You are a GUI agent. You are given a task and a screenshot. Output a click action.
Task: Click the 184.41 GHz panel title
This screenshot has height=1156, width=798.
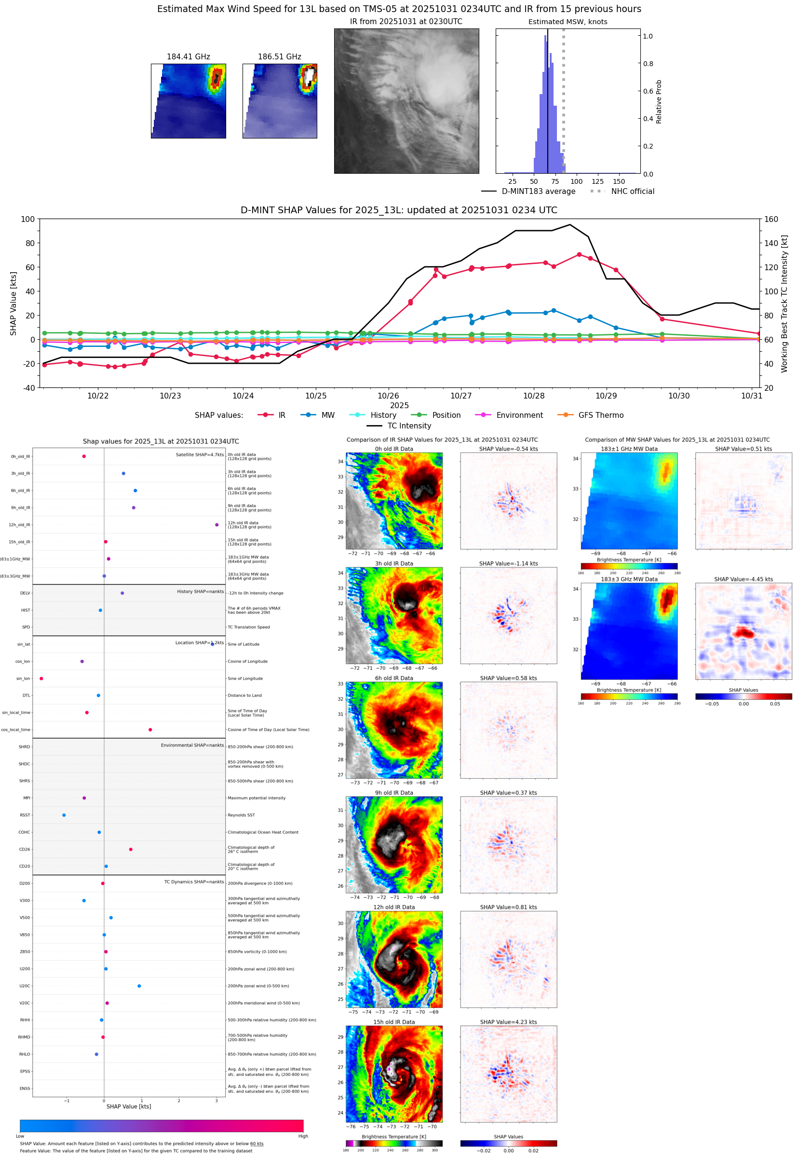[188, 57]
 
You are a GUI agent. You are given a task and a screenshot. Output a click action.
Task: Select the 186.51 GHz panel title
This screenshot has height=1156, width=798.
[279, 57]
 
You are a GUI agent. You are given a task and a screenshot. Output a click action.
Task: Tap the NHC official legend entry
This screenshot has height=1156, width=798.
[632, 191]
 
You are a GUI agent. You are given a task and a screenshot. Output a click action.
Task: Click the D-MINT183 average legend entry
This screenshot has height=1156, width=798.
[538, 191]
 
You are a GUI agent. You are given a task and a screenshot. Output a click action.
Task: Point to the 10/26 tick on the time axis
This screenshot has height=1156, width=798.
[389, 395]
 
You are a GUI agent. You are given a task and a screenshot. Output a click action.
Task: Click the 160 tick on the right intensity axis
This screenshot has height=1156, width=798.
[771, 219]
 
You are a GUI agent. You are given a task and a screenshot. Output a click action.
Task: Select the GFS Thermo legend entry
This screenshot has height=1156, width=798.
[600, 415]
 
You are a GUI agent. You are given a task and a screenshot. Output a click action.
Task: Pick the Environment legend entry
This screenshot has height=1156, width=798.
[519, 415]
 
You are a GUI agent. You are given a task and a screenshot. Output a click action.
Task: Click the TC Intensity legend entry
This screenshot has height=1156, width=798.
[408, 426]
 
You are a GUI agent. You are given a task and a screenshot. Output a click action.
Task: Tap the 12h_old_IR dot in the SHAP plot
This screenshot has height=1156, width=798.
[216, 525]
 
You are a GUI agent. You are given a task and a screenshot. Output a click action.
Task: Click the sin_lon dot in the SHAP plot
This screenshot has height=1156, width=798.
[41, 678]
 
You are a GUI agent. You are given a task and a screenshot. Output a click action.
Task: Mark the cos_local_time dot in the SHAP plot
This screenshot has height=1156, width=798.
[150, 729]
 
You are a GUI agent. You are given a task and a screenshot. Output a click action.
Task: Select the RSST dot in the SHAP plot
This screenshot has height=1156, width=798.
[64, 815]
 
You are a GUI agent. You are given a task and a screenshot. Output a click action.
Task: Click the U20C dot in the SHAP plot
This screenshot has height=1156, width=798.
[139, 986]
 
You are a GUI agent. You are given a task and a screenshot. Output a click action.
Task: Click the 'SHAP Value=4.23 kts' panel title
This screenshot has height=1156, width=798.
[508, 1022]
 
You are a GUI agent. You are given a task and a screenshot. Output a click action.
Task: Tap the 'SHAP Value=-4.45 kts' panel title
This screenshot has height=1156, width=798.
[743, 579]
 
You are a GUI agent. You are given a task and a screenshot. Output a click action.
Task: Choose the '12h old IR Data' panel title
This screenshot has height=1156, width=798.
[393, 907]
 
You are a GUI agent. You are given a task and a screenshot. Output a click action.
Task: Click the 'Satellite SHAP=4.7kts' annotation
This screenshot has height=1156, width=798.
[200, 454]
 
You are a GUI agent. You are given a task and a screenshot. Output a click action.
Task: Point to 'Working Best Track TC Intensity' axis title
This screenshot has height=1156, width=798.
[784, 303]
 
